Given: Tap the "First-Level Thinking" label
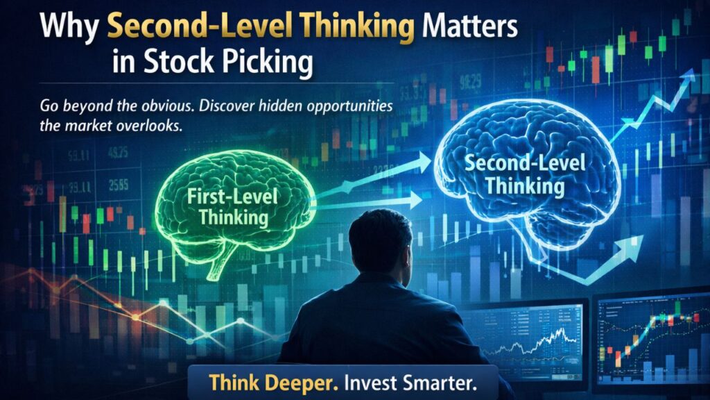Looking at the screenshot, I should click(x=233, y=207).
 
